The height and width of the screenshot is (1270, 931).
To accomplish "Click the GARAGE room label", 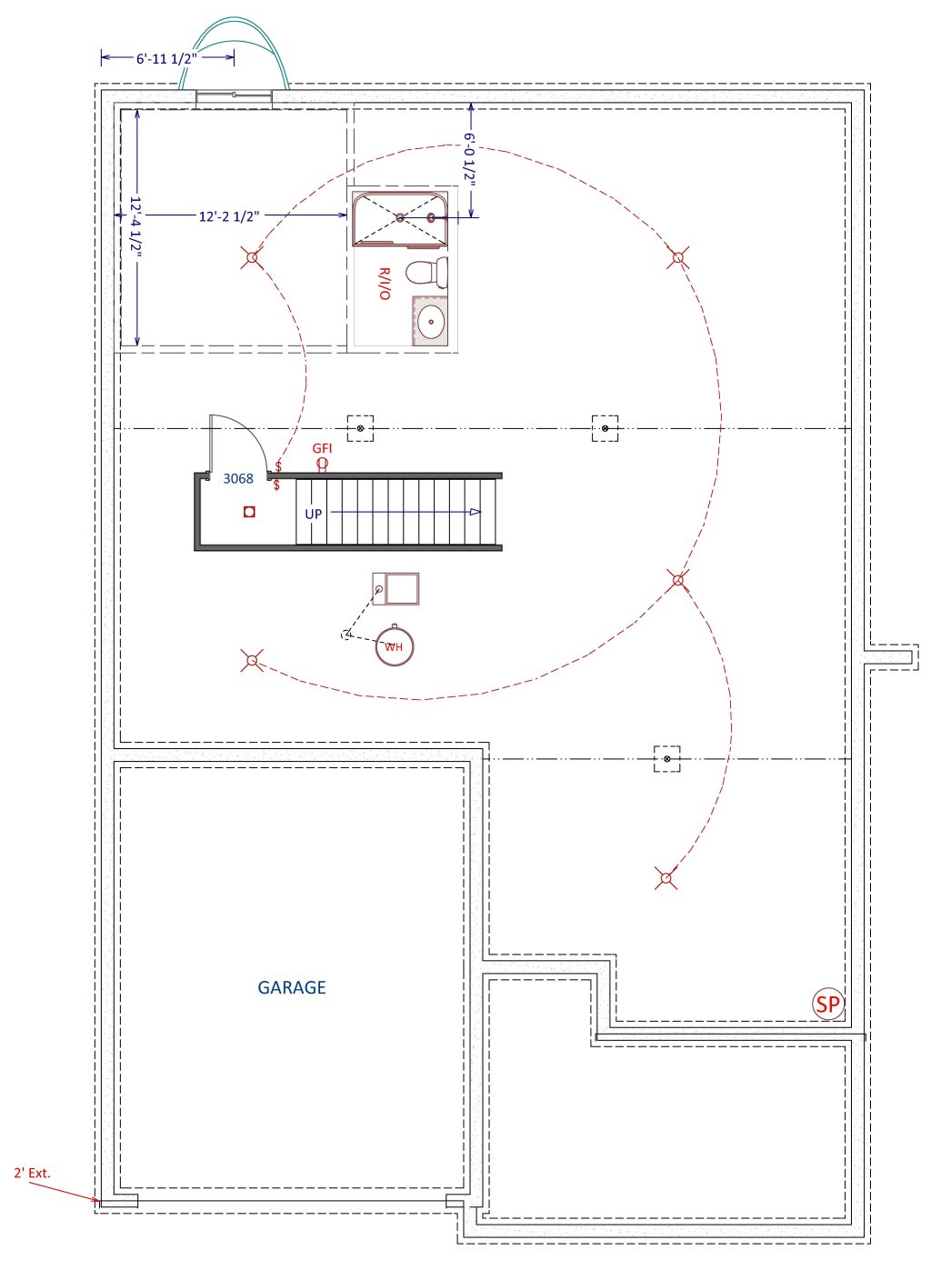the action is [x=292, y=987].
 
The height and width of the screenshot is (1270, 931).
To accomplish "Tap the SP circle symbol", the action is [x=828, y=1005].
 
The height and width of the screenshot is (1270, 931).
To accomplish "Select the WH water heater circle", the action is [x=394, y=645].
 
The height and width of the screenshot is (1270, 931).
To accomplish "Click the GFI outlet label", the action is [x=322, y=448].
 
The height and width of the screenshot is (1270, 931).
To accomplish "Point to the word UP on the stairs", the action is [x=314, y=514].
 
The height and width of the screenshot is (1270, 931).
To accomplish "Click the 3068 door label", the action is [x=238, y=478].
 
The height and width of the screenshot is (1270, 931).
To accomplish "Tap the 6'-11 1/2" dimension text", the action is [x=166, y=58].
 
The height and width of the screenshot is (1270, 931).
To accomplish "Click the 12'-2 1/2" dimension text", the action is [x=229, y=216].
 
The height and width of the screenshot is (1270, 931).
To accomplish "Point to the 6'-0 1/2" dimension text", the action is [x=469, y=160].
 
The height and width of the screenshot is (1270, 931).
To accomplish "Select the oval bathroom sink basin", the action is [x=432, y=322].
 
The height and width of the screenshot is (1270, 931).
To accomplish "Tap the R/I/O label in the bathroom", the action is [x=385, y=284].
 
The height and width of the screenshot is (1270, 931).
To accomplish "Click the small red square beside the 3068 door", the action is [x=249, y=512].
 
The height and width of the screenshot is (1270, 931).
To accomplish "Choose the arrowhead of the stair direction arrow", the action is [x=476, y=512].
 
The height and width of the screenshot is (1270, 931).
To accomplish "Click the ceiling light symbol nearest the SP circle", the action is [x=666, y=878].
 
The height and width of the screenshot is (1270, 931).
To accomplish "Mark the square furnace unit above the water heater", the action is [x=395, y=589].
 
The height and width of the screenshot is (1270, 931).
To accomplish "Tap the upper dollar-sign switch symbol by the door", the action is [x=278, y=466].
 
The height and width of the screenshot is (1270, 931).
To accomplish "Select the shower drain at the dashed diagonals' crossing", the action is [x=400, y=217].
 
